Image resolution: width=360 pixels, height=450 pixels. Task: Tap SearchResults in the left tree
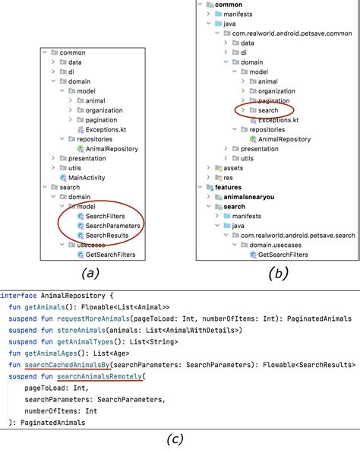point(107,236)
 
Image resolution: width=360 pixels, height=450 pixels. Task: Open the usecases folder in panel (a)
point(91,246)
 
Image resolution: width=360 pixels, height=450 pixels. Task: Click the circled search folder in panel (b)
point(267,110)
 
